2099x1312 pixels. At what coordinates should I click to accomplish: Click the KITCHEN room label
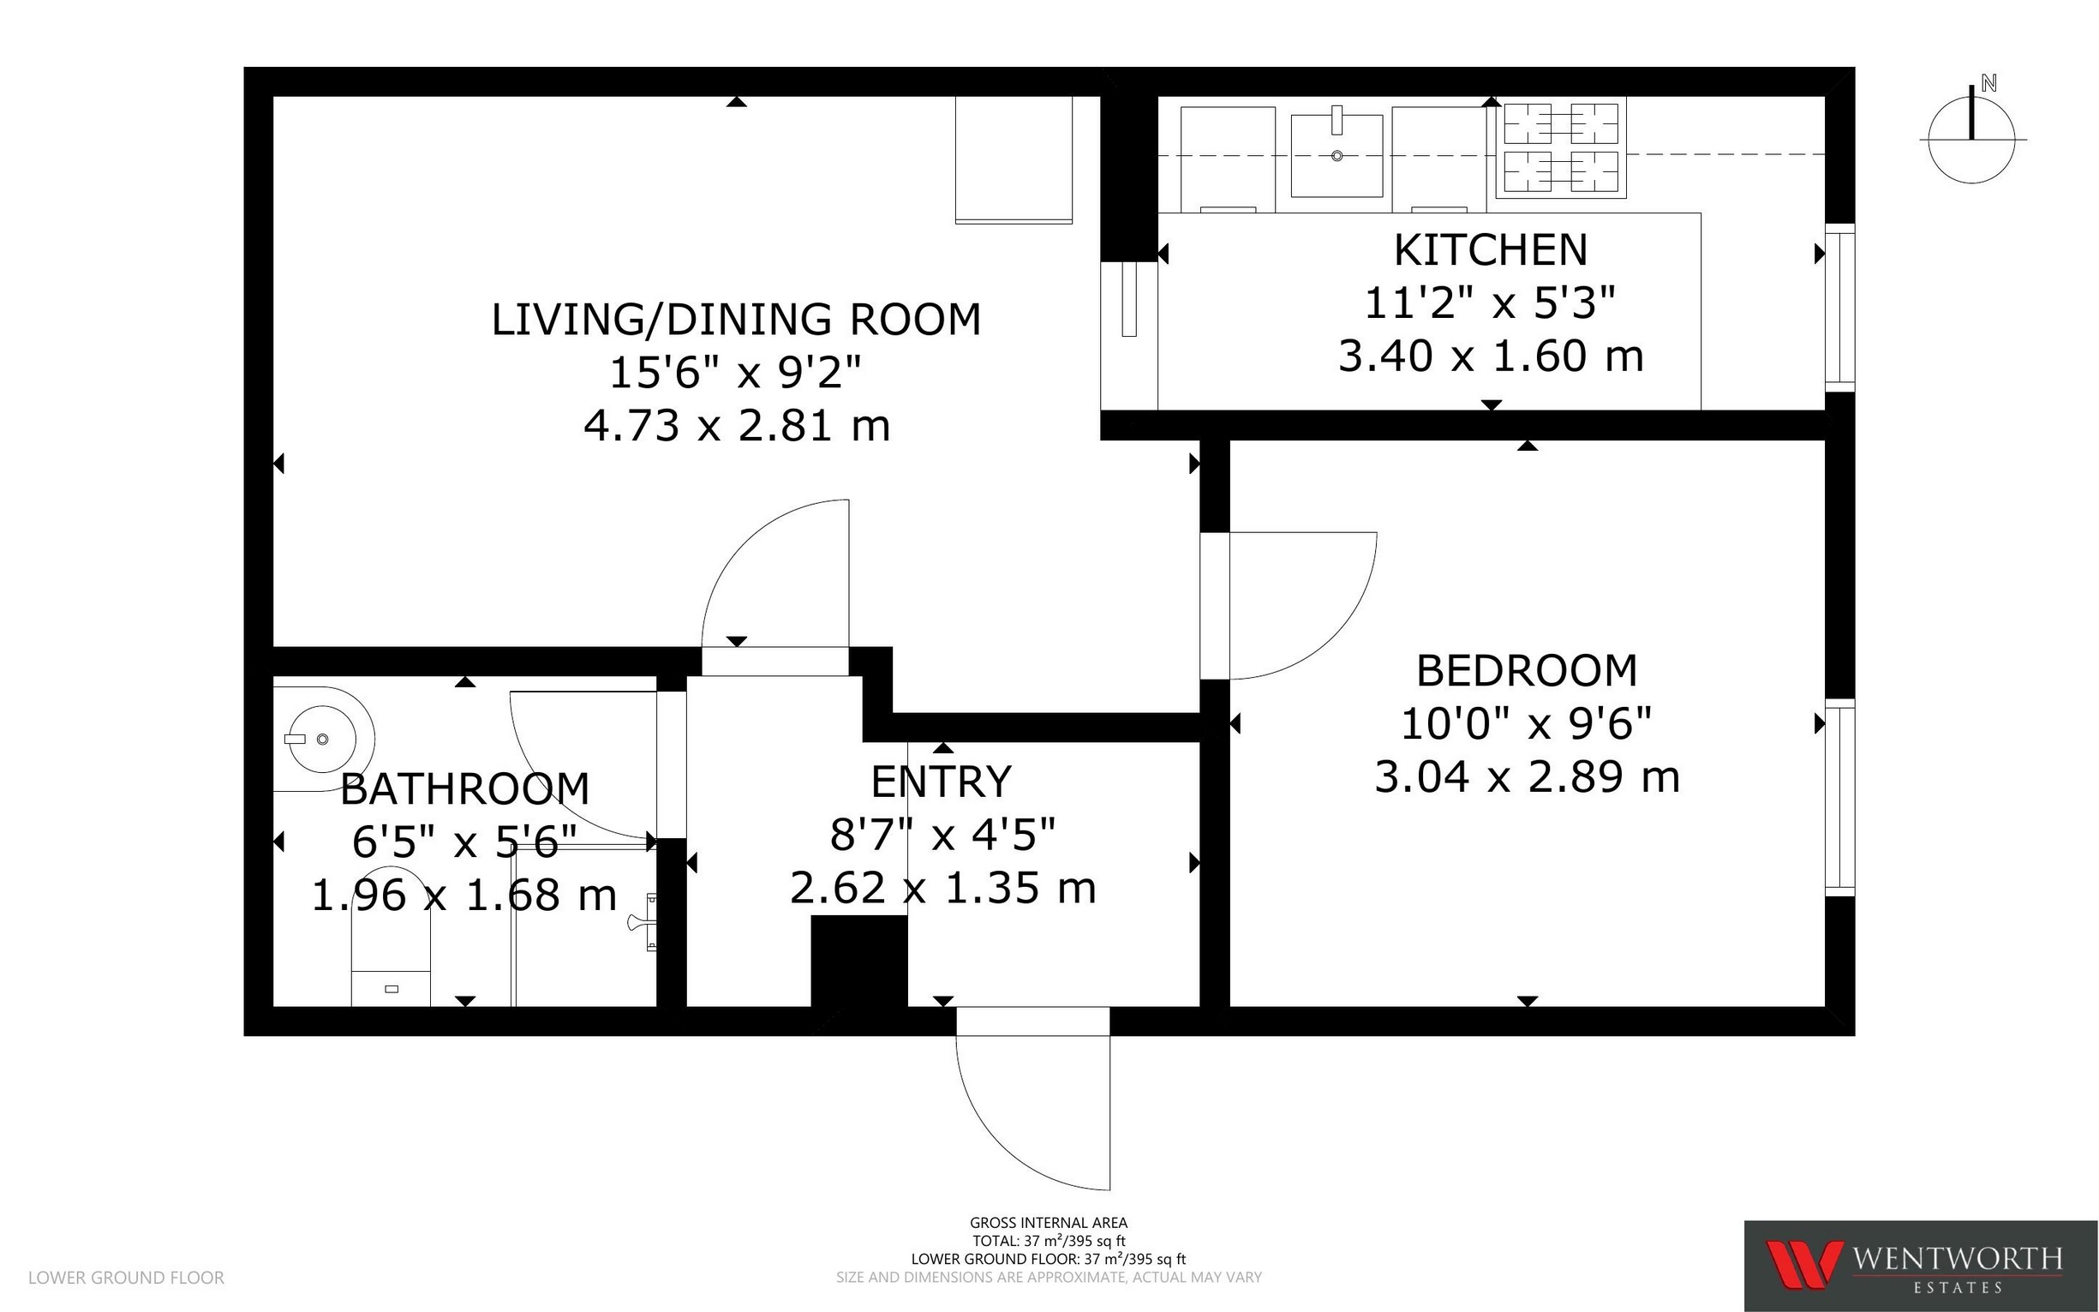1491,250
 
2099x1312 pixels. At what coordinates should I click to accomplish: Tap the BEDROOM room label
1528,671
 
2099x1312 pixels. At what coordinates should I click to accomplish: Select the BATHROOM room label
465,788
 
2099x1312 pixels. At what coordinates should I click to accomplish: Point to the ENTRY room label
942,782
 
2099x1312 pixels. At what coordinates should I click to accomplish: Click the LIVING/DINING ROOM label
737,320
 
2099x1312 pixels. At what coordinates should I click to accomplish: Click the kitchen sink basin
1337,155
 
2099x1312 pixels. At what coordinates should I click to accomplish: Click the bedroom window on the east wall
1839,798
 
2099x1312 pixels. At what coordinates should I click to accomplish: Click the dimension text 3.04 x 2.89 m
1528,776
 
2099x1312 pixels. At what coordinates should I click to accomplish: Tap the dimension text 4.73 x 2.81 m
737,426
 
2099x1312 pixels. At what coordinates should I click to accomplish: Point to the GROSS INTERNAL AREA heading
1049,1223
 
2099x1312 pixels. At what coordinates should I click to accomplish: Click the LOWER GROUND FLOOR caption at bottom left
127,1277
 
